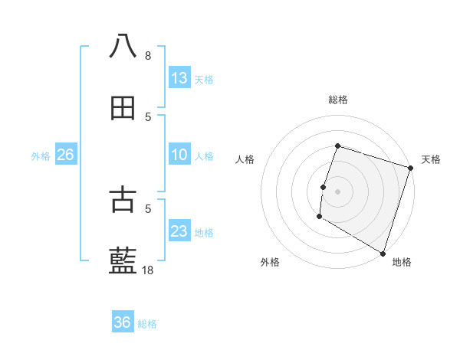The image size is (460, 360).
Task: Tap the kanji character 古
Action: click(x=123, y=199)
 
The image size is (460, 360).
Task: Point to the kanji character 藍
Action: click(x=123, y=261)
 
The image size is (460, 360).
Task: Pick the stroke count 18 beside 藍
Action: click(x=148, y=270)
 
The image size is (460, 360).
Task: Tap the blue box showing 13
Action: click(x=179, y=78)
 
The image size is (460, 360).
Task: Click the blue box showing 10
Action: click(x=179, y=155)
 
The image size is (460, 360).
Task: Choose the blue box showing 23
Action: click(x=179, y=231)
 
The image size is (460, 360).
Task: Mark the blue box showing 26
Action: click(x=65, y=155)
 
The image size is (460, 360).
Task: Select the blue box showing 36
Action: click(x=123, y=322)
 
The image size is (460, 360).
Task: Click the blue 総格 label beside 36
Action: click(x=147, y=324)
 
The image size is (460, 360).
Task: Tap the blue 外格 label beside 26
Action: click(x=41, y=156)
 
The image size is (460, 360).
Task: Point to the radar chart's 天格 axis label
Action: click(x=431, y=159)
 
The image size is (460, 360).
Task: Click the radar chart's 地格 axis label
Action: click(x=402, y=263)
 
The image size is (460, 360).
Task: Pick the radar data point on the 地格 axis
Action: click(x=383, y=254)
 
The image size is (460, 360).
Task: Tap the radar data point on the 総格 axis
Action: click(x=337, y=146)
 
